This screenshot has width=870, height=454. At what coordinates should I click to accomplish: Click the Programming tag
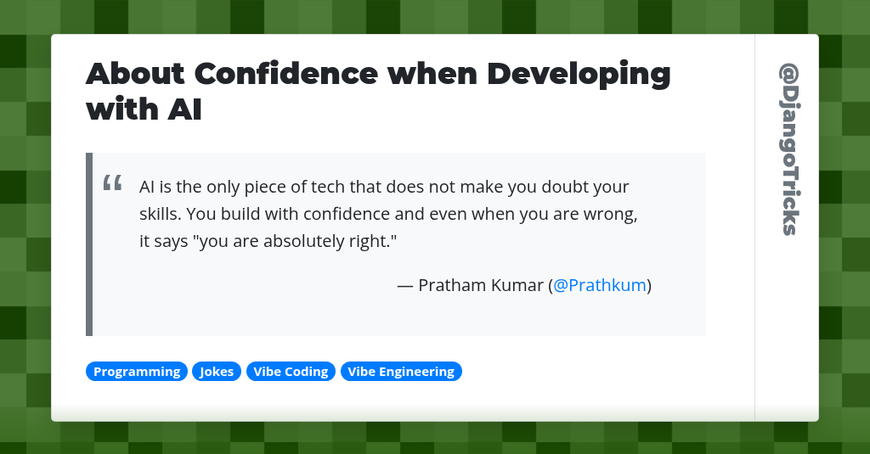137,372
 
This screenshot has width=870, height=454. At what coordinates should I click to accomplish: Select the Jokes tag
217,372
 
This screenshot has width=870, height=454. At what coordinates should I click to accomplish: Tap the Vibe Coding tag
291,372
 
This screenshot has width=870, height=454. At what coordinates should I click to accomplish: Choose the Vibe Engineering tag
401,372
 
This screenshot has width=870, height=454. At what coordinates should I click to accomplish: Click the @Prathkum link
600,285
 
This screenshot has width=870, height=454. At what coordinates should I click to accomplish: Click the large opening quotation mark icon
112,184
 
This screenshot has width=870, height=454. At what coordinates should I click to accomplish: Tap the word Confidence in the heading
286,74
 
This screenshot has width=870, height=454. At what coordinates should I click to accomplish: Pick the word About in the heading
135,74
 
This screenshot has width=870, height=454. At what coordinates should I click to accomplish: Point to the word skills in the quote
159,214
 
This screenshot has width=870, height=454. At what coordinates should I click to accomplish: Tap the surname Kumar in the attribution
517,285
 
